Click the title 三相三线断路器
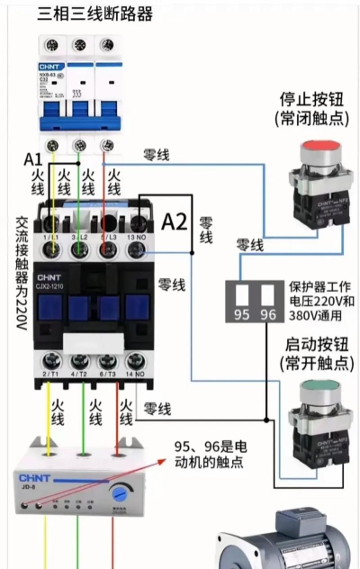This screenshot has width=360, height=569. point(94,14)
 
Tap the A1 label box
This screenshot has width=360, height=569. point(33,159)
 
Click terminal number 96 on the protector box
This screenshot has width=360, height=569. point(267,315)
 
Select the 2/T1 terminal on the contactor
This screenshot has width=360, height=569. point(50,372)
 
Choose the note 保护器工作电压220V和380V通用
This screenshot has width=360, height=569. point(322,296)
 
